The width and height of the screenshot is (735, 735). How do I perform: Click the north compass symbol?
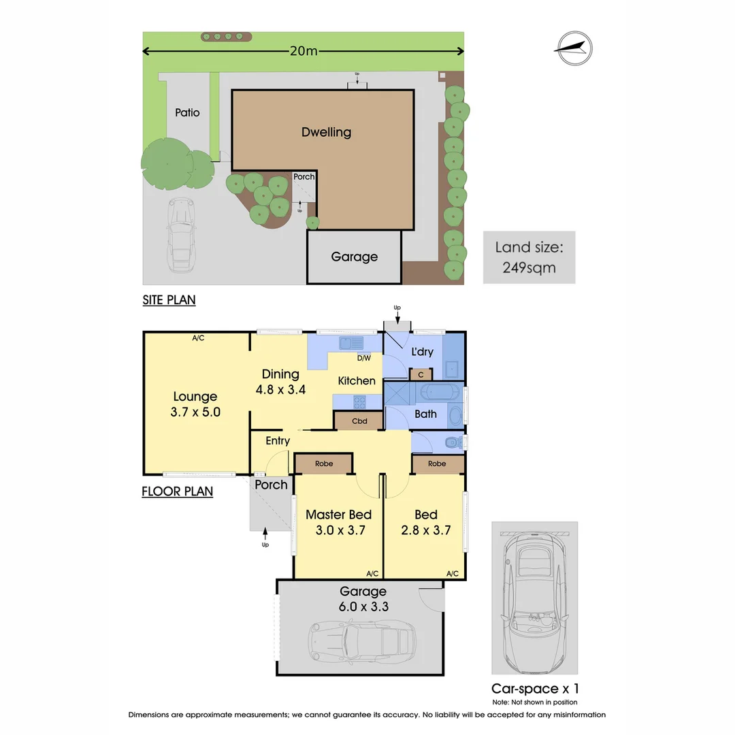pos(574,48)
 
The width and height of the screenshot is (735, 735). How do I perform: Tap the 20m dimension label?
pos(304,50)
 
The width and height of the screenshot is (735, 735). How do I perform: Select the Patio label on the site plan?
pos(187,112)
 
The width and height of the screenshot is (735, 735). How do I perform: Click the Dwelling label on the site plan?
pos(326,132)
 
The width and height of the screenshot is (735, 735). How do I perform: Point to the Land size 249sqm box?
pos(529,257)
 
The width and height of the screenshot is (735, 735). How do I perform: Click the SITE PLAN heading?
pos(169,300)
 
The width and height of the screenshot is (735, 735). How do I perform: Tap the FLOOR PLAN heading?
pos(177,491)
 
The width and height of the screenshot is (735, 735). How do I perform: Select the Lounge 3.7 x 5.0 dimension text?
pos(195,404)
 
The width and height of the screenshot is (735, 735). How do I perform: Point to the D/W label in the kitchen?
pos(363,358)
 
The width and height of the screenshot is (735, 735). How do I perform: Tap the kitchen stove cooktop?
pos(359,402)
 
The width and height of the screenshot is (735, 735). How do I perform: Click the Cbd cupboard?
pos(359,421)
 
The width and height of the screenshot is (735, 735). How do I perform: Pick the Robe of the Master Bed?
pos(323,463)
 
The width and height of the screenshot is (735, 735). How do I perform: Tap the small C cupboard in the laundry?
pos(421,374)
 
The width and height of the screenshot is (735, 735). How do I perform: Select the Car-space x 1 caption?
pos(535,689)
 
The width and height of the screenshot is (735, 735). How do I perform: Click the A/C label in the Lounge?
pos(198,338)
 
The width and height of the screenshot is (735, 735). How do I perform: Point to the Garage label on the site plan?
pos(354,257)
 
